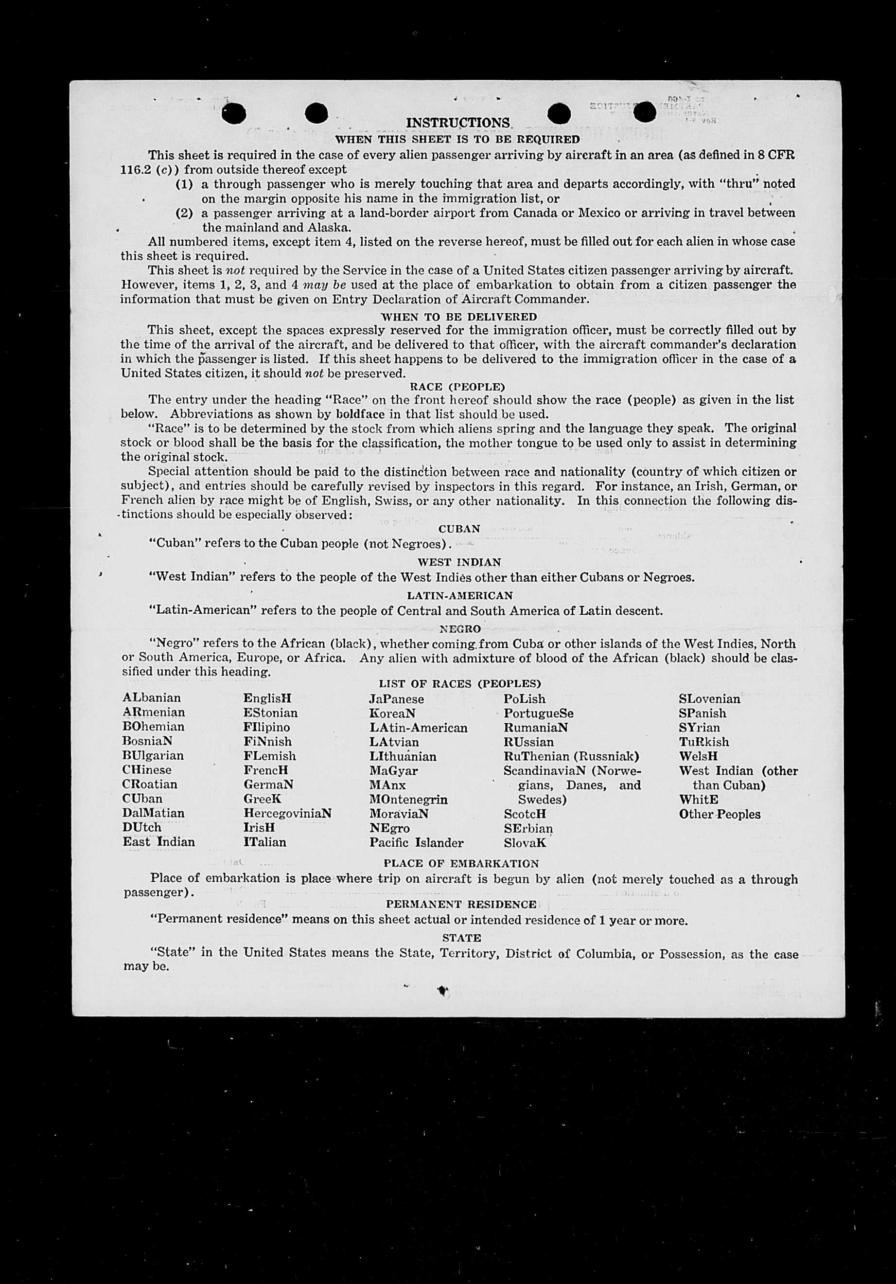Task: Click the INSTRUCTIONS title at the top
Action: tap(458, 123)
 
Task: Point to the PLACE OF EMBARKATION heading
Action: tap(461, 863)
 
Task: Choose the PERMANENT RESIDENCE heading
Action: tap(461, 904)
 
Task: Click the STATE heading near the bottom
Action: tap(461, 938)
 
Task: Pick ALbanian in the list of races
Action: tap(152, 698)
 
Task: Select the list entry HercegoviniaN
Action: tap(287, 813)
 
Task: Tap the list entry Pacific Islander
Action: tap(417, 842)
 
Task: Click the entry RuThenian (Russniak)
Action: tap(571, 756)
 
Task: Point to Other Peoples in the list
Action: tap(720, 814)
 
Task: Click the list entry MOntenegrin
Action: tap(408, 799)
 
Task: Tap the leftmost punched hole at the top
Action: tap(234, 114)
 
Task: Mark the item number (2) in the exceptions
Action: tap(184, 213)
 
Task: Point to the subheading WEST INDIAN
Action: tap(459, 562)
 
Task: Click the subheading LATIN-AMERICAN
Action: tap(459, 596)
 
